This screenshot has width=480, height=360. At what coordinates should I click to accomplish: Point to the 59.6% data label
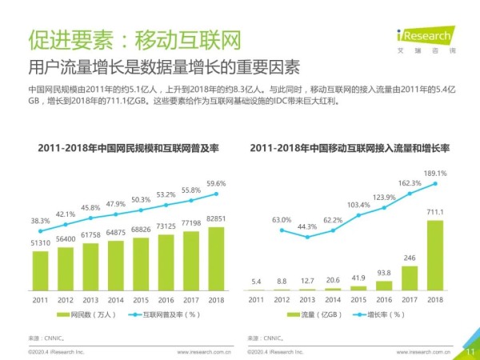pyautogui.click(x=216, y=183)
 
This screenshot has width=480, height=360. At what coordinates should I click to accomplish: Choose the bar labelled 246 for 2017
pyautogui.click(x=410, y=277)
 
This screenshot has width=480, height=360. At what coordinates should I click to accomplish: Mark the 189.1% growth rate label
pyautogui.click(x=435, y=173)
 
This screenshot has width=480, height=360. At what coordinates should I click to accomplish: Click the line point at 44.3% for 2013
pyautogui.click(x=306, y=237)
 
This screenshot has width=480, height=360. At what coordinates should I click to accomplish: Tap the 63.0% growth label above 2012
pyautogui.click(x=282, y=219)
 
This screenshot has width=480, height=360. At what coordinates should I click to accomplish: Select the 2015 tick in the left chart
pyautogui.click(x=141, y=299)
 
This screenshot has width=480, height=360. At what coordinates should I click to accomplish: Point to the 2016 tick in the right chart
pyautogui.click(x=384, y=299)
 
